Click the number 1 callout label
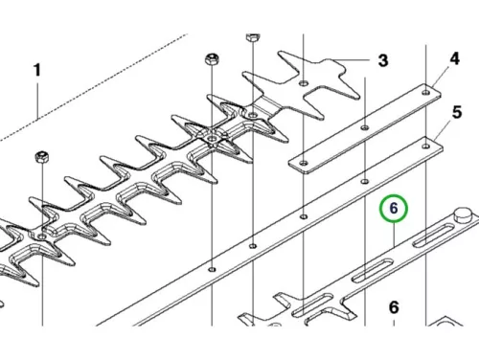pos(37,70)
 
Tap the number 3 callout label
pos(383,60)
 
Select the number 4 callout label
pos(454,58)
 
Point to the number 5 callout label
pos(457,113)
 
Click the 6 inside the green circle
pos(394,209)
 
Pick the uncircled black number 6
pos(394,307)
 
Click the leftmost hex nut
pos(42,157)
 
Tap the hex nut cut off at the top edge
pos(253,37)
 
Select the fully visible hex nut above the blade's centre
pos(212,59)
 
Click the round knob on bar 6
pos(463,214)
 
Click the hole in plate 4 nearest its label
pos(426,93)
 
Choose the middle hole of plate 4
pos(365,127)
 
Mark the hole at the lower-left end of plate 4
pos(304,163)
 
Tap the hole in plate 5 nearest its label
pos(426,146)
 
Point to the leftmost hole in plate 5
pos(212,270)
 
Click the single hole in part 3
pos(304,83)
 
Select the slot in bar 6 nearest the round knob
pos(434,236)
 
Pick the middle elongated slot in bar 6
pos(374,271)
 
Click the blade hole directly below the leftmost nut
pos(42,236)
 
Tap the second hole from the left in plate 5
pos(253,246)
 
